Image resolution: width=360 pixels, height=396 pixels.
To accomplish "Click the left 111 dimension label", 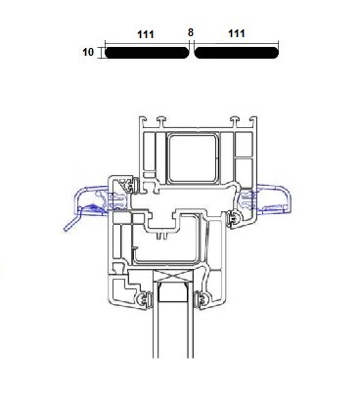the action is (146, 34).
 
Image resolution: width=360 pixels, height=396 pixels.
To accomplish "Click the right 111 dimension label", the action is (237, 33).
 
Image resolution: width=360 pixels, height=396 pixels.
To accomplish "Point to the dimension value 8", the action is (191, 32).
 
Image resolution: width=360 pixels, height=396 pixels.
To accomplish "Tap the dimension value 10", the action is (88, 52).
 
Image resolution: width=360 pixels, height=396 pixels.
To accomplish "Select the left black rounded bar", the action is (147, 53).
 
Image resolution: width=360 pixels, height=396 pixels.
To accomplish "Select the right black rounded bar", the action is (237, 53).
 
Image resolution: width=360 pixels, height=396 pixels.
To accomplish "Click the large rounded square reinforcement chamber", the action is (193, 158).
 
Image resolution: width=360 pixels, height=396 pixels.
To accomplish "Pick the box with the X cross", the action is (174, 277).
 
